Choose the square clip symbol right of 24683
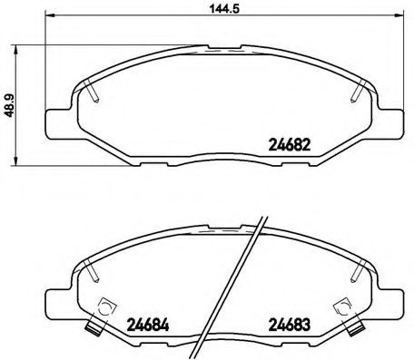(x=343, y=308)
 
